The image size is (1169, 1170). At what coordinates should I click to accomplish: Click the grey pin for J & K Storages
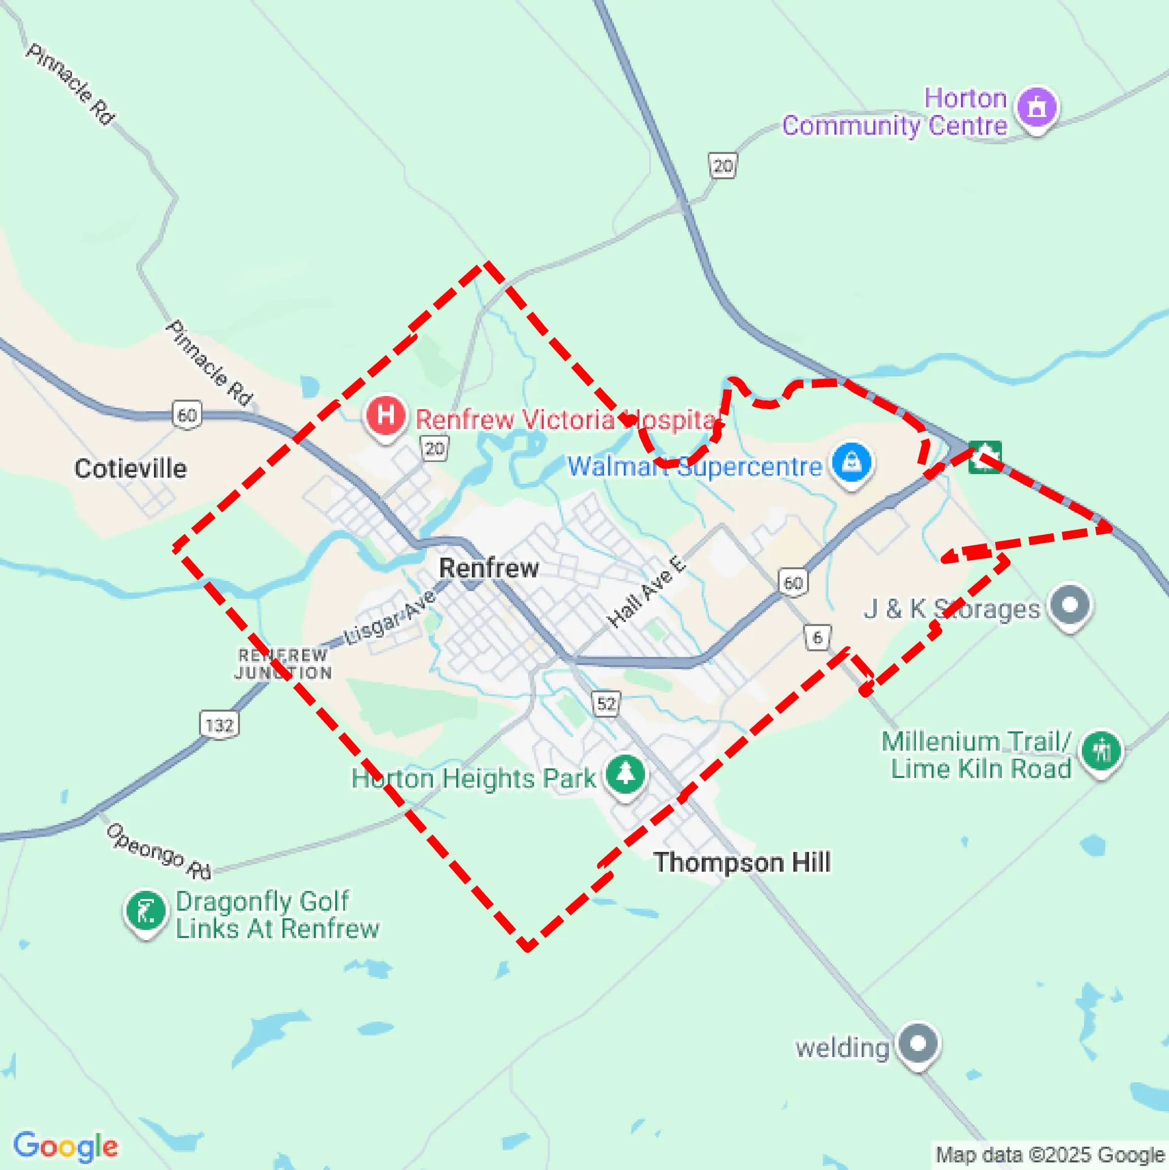coord(1070,604)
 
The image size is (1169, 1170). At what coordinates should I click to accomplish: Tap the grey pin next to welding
coord(918,1043)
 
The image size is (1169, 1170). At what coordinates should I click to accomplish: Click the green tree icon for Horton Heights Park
coord(625,774)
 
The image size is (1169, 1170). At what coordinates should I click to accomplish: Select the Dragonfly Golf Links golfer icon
coord(146,911)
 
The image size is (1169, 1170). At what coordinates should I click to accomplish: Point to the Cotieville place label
coord(130,469)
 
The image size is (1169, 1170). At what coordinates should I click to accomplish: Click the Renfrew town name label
coord(489,568)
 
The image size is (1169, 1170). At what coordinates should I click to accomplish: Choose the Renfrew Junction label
coord(283,664)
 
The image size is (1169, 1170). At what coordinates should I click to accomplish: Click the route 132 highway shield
coord(219,725)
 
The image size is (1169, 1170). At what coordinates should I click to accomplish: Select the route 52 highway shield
coord(606,704)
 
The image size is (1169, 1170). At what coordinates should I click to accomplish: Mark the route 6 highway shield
coord(817,637)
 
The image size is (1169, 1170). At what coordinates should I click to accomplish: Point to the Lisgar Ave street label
coord(390,618)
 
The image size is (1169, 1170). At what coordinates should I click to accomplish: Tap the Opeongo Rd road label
coord(159,851)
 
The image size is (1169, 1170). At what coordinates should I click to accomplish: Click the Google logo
coord(65,1146)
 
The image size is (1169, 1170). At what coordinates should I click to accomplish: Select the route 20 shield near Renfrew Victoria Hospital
coord(435,449)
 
